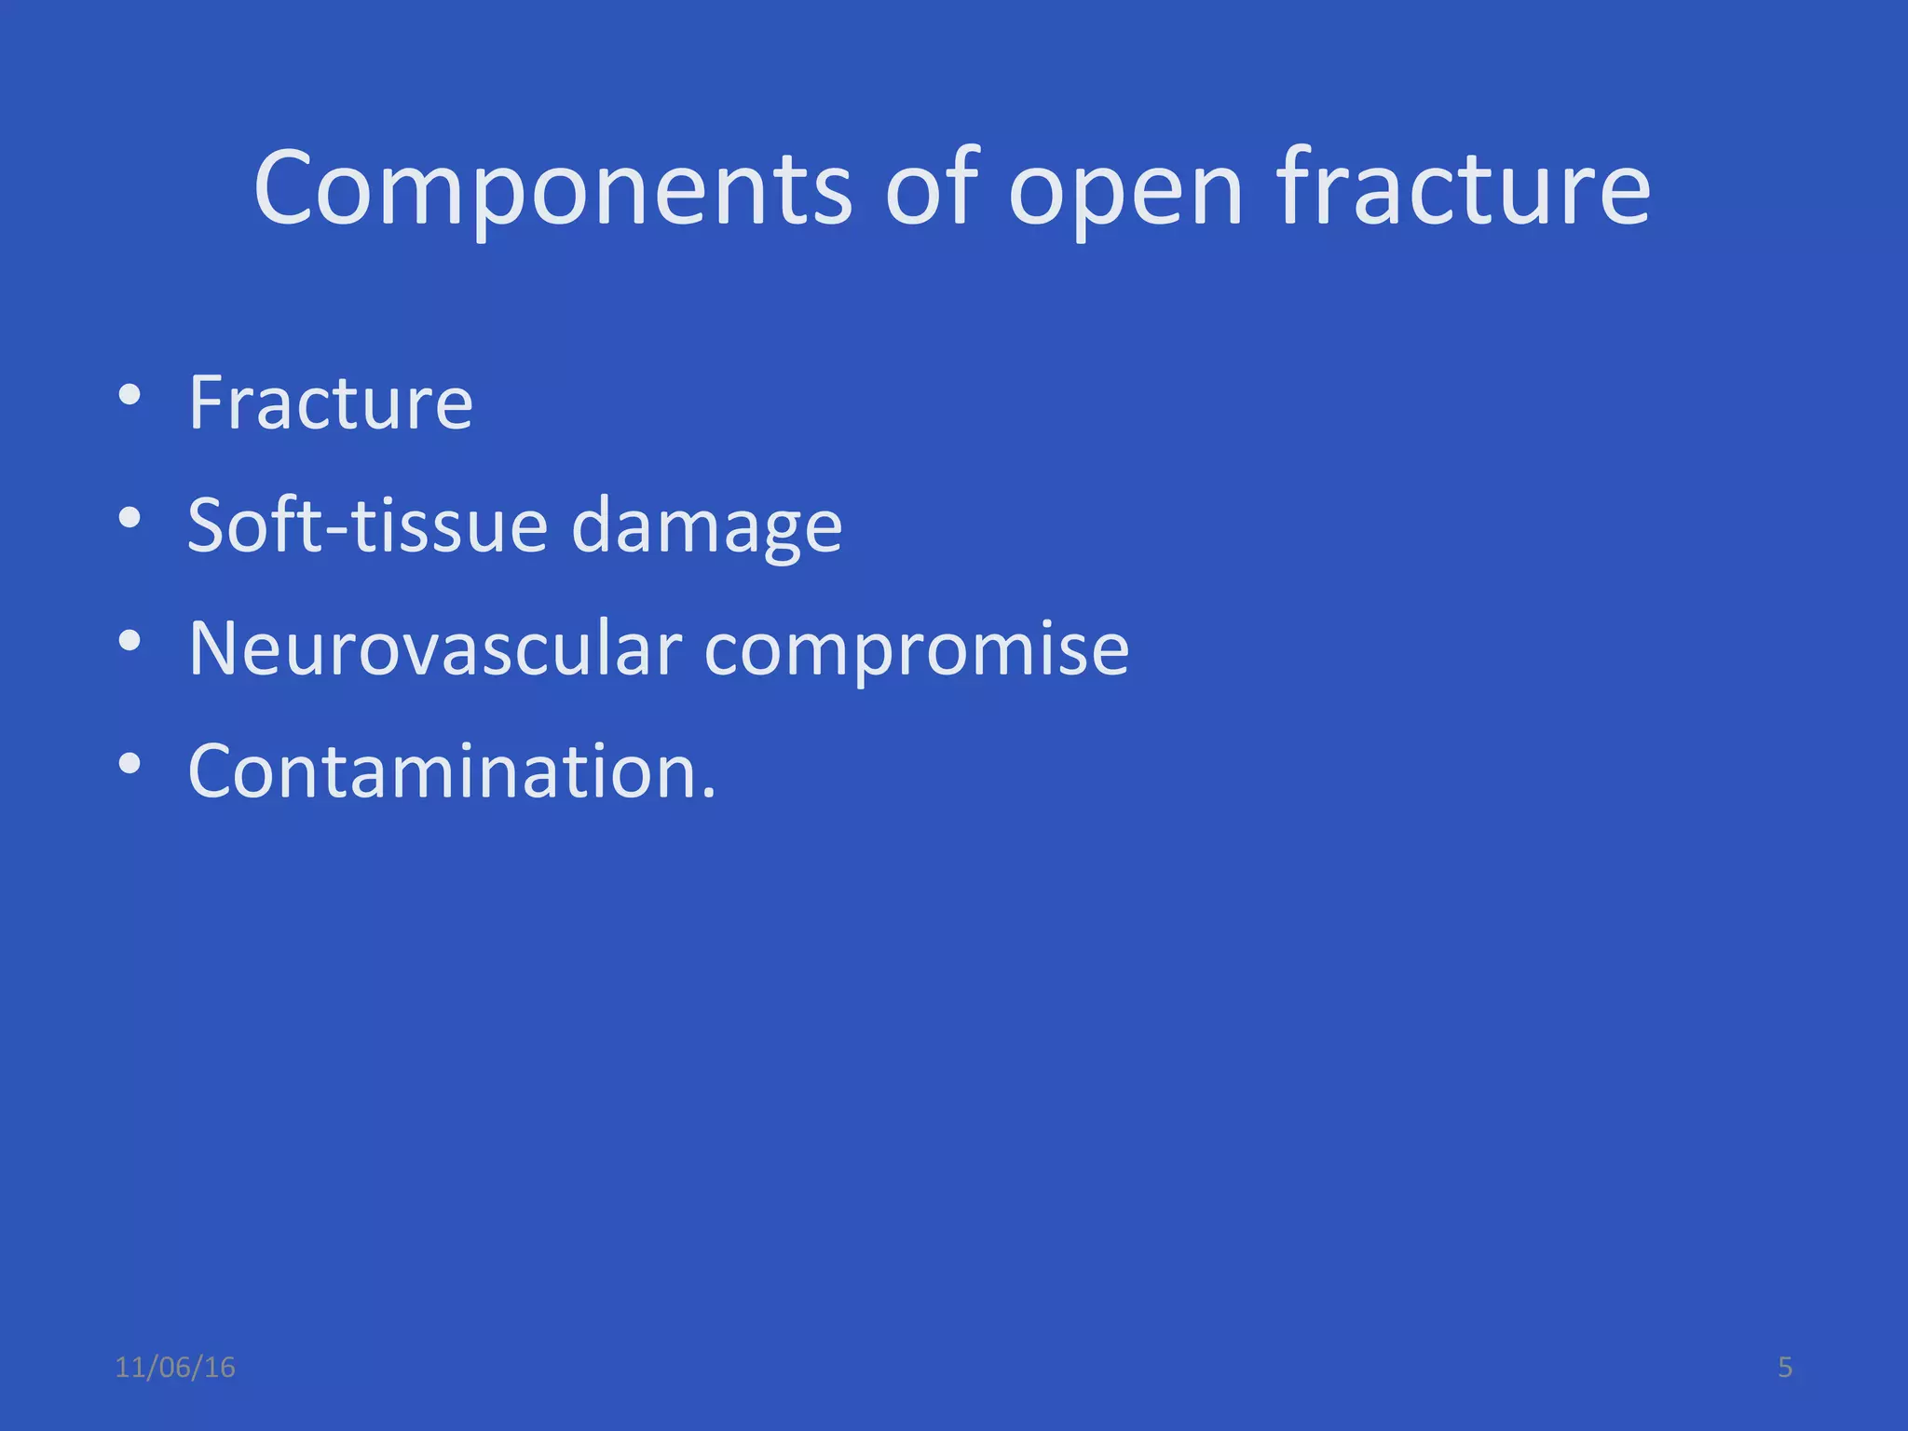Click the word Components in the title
(x=552, y=189)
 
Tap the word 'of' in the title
(x=933, y=189)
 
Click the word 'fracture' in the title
(x=1464, y=189)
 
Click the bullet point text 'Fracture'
(x=331, y=402)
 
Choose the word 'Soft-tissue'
(x=368, y=525)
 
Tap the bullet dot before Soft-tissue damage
(x=129, y=517)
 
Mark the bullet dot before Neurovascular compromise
(x=129, y=641)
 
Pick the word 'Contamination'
(x=443, y=771)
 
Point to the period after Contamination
(x=709, y=795)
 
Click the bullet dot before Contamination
(x=129, y=764)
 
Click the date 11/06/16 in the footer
(x=175, y=1368)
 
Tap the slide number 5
(x=1785, y=1368)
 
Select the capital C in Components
(x=286, y=189)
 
